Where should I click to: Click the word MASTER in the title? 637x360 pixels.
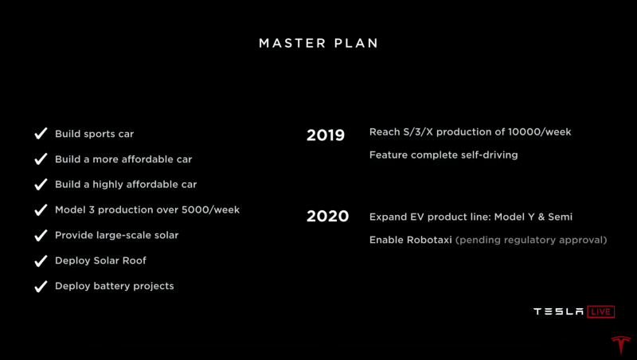pos(292,43)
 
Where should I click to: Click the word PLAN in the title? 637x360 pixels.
pos(356,43)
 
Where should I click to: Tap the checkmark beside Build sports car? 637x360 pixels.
pos(41,133)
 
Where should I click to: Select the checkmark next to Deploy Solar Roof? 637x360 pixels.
pos(41,260)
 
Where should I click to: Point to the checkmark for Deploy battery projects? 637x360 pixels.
pos(41,286)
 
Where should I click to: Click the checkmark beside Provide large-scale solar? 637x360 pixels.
pos(41,235)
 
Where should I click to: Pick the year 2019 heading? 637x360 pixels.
pos(326,135)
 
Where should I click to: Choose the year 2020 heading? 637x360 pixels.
pos(327,216)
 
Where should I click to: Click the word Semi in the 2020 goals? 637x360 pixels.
pos(560,217)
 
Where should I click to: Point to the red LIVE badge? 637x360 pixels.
pos(601,311)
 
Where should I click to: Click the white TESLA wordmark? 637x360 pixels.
pos(559,311)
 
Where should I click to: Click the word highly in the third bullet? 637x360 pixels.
pos(107,185)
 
